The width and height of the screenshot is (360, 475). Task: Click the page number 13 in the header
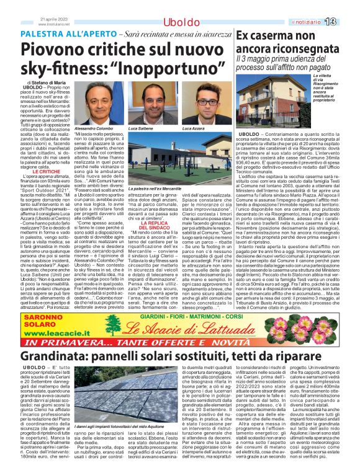tap(346, 22)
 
